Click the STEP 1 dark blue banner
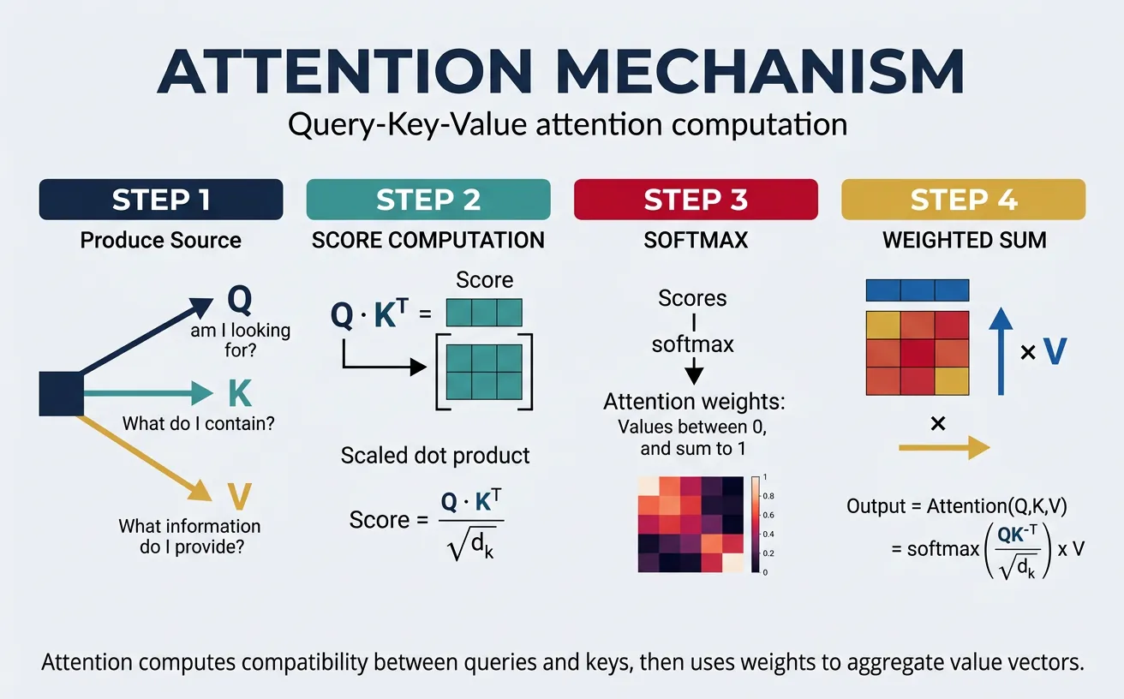[x=160, y=199]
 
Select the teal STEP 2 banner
[x=427, y=199]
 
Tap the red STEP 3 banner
[x=695, y=199]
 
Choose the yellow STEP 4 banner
[x=963, y=199]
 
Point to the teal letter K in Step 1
[x=240, y=393]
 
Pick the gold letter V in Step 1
[x=240, y=494]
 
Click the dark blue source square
[x=61, y=394]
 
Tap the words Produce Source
[x=160, y=240]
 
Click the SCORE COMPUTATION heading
[x=427, y=240]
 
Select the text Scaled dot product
[x=435, y=455]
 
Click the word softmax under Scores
[x=693, y=345]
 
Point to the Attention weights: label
[x=694, y=402]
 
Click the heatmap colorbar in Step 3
[x=754, y=523]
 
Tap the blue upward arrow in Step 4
[x=1000, y=351]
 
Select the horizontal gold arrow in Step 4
[x=943, y=447]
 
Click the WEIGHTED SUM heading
[x=965, y=240]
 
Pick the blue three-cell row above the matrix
[x=918, y=290]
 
